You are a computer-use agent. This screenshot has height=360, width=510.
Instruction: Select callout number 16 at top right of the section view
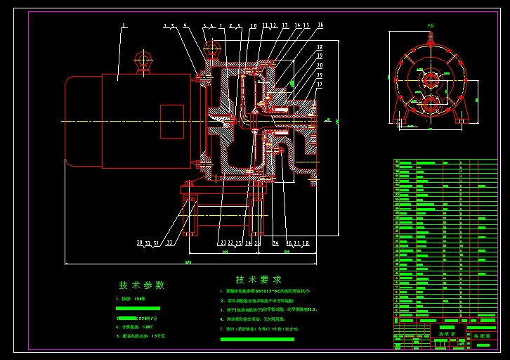click(320, 25)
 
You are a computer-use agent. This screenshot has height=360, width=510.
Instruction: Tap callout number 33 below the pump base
click(169, 243)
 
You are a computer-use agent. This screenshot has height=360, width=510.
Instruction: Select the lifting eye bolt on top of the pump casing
click(211, 48)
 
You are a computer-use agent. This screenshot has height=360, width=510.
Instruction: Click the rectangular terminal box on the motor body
click(172, 122)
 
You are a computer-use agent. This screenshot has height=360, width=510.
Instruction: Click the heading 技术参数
click(141, 285)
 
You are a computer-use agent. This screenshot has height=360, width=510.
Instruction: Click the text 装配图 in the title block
click(482, 336)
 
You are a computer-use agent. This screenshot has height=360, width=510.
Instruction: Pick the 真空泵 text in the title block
click(447, 335)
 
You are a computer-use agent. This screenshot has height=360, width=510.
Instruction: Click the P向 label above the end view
click(430, 26)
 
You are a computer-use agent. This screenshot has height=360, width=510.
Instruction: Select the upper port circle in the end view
click(430, 75)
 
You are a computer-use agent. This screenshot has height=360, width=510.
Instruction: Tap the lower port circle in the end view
click(430, 104)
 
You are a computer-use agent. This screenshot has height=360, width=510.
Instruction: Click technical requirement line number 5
click(259, 328)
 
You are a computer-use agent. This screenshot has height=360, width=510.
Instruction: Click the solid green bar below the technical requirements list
click(257, 339)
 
